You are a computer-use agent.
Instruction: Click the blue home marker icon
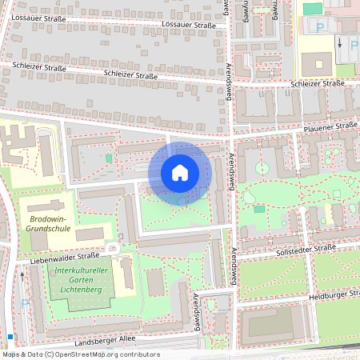coord(180,173)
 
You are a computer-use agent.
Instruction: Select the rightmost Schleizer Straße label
coord(318,83)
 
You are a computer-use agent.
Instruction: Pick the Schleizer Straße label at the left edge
coord(34,68)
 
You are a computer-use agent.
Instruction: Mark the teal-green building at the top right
coord(313,8)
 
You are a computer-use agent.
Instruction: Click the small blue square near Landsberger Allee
coord(10,337)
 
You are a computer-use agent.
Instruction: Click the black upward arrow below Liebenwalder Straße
coord(22,276)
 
